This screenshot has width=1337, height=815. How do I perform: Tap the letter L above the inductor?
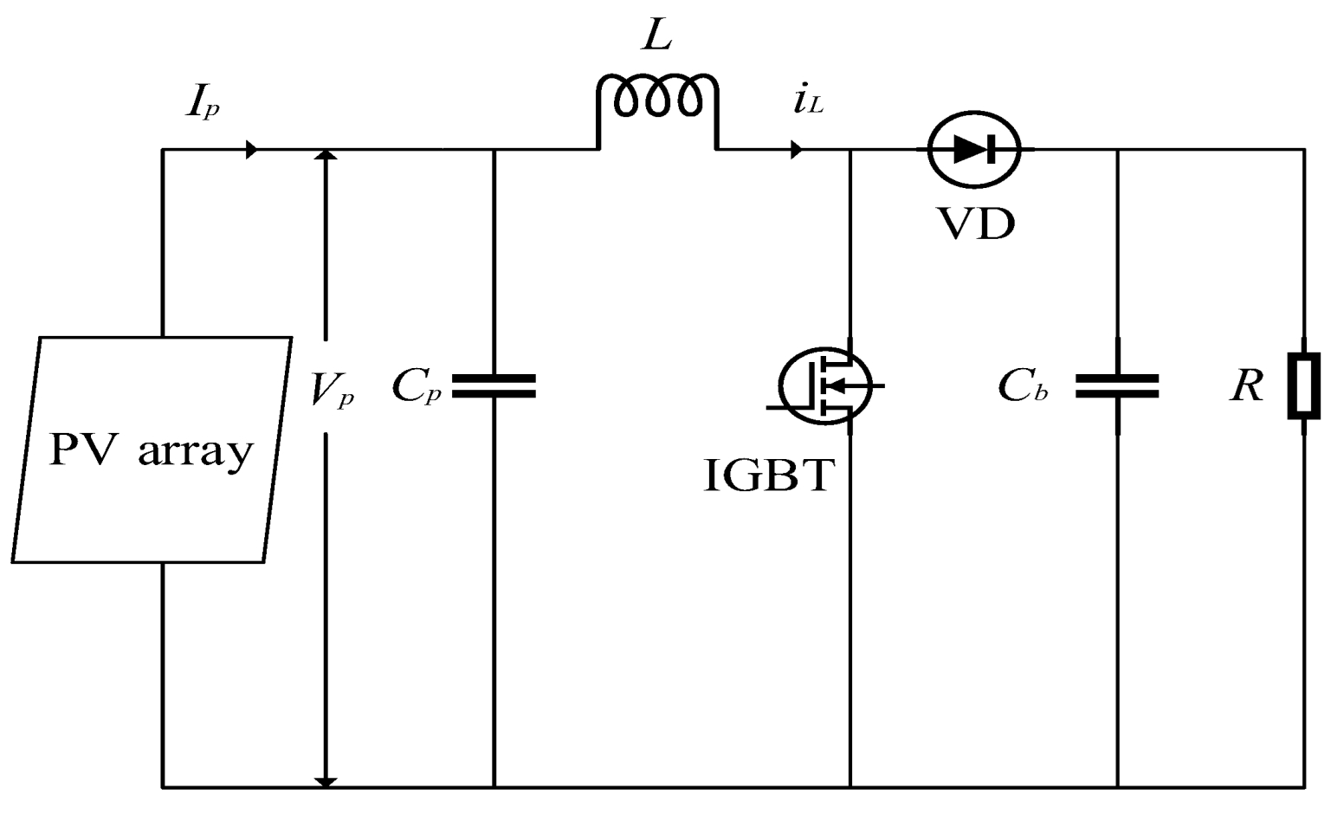click(656, 37)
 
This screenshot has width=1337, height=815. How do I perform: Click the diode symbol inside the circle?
click(974, 150)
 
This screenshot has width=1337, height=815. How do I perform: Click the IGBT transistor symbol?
click(824, 385)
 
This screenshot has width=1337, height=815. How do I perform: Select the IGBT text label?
click(769, 475)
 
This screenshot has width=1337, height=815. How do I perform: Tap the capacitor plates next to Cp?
click(494, 385)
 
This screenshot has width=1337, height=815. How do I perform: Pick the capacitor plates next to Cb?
click(1117, 386)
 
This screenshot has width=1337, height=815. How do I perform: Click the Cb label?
click(1022, 386)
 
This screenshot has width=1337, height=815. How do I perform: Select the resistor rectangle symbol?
click(1303, 386)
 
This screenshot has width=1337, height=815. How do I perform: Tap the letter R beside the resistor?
click(1246, 386)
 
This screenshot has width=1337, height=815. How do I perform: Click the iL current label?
click(808, 102)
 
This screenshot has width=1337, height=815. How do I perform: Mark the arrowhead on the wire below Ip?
click(251, 150)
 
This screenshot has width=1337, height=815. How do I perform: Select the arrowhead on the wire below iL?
click(796, 150)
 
